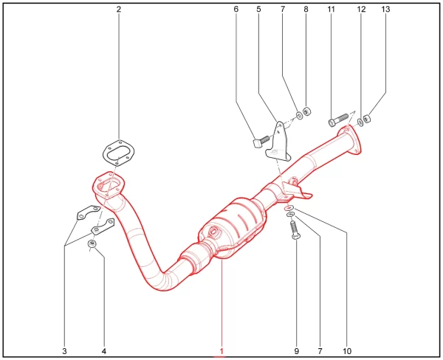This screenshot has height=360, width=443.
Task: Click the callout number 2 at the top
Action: pos(119,10)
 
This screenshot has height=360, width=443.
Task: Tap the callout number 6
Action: pos(236,10)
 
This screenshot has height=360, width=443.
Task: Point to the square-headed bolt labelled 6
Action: pos(261,142)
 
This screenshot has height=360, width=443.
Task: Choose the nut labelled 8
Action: pos(307,111)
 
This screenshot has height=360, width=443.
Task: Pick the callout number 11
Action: pos(331,10)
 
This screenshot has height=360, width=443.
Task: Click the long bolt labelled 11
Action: pos(338,120)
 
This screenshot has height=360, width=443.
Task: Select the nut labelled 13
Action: pos(367,119)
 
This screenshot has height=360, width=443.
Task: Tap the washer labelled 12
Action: pos(360,122)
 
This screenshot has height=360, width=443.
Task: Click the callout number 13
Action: pos(385,10)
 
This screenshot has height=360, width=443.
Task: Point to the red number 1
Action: pos(221,351)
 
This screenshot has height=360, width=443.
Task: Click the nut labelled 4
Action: pos(92,243)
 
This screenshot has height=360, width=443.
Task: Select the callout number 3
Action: pos(64,351)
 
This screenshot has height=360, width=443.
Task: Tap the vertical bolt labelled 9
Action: pos(295,230)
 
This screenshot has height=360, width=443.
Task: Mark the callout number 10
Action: pos(347,351)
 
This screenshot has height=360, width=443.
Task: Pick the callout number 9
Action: pos(296,351)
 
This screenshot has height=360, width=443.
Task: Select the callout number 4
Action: pos(104,351)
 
